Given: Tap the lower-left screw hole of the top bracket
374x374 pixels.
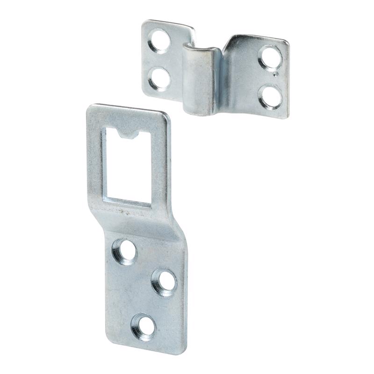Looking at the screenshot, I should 158,78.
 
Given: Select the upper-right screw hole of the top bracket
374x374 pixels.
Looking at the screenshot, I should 271,57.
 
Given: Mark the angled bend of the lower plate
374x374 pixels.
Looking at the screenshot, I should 140,222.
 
